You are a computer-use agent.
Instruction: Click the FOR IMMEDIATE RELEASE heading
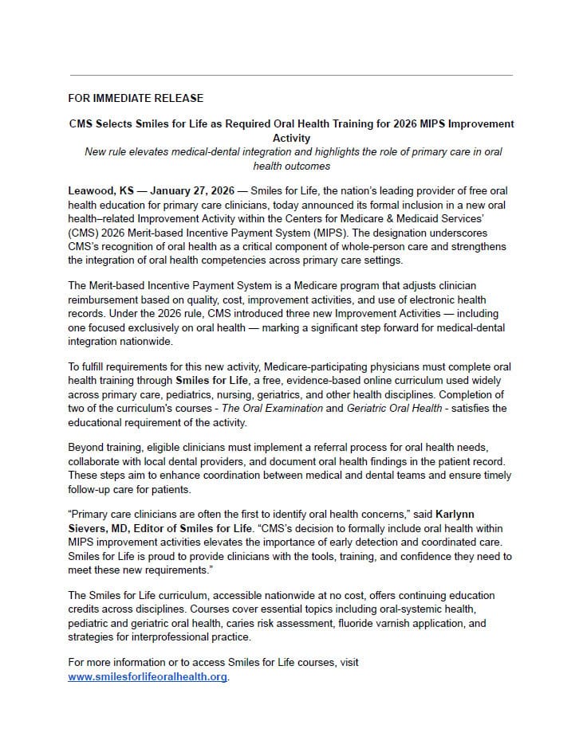click(x=136, y=98)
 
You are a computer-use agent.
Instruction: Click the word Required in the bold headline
click(x=260, y=124)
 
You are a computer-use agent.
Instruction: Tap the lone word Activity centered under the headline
click(x=291, y=138)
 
